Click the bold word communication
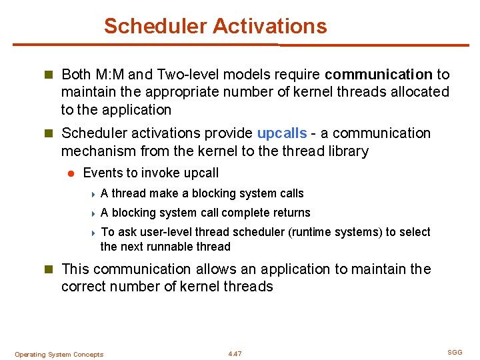click(379, 75)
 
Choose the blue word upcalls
click(281, 133)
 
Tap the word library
click(345, 151)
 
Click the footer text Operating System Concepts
click(59, 355)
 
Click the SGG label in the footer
click(455, 352)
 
